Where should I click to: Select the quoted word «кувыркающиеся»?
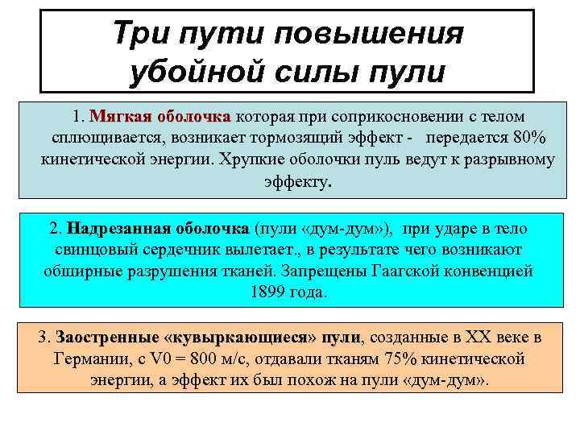(x=239, y=337)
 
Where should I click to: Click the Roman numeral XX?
(x=468, y=337)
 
